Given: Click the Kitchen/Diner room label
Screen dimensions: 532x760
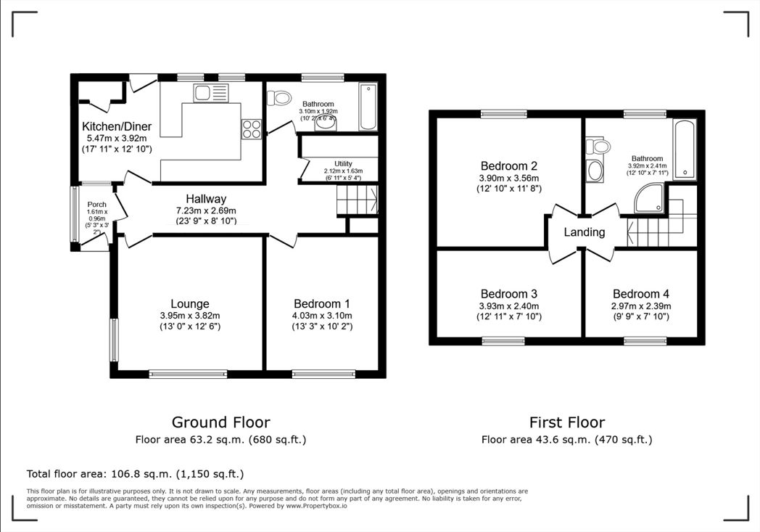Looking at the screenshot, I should (116, 126).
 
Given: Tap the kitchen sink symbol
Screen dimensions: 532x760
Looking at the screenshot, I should (210, 92).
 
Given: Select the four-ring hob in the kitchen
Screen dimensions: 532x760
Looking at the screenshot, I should (251, 128).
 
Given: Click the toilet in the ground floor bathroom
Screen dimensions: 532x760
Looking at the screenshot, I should (280, 97).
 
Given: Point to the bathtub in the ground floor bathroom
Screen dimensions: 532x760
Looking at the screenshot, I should (368, 108).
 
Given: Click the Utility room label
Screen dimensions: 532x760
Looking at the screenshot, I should (343, 163).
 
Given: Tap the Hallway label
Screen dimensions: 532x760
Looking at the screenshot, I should (206, 199).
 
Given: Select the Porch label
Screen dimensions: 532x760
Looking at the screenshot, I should (97, 205).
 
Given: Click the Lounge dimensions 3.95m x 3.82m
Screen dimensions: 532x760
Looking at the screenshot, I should (190, 316).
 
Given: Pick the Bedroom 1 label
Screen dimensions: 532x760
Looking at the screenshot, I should (322, 303).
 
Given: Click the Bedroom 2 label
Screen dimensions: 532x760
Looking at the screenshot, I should (508, 165).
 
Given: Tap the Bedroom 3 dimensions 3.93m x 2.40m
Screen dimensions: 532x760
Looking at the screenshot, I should (508, 306).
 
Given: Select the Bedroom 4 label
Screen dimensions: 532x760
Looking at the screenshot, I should (641, 294).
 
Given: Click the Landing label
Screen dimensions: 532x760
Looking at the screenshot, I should (584, 232).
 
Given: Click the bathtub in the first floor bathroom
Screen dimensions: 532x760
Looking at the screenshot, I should (685, 149).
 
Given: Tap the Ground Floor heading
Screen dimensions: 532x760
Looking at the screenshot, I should (220, 422).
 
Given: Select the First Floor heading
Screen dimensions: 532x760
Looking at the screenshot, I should (566, 422).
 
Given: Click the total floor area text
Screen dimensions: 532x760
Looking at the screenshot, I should (135, 474).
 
